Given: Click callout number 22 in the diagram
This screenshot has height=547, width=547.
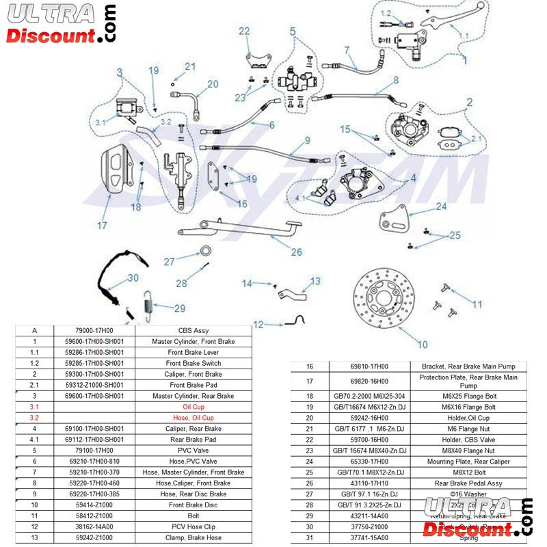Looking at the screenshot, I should pyautogui.click(x=245, y=31).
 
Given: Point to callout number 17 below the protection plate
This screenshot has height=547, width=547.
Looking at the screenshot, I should pyautogui.click(x=102, y=224).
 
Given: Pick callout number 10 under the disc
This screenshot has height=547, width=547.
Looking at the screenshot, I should pyautogui.click(x=423, y=344).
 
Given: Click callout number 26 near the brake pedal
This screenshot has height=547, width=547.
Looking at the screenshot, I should pyautogui.click(x=296, y=252).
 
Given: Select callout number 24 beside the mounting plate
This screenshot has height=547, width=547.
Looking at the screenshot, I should pyautogui.click(x=442, y=206).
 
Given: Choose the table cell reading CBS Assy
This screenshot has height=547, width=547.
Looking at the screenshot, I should pyautogui.click(x=194, y=330).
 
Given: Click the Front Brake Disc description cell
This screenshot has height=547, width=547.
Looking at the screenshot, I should pyautogui.click(x=194, y=505).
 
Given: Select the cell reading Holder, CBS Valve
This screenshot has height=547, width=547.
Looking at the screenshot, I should pyautogui.click(x=468, y=439).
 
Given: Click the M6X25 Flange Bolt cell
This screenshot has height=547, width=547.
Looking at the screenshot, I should pyautogui.click(x=468, y=396).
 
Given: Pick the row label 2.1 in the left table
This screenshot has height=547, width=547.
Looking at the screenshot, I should pyautogui.click(x=34, y=384).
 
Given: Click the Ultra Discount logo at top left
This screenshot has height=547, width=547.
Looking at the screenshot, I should pyautogui.click(x=60, y=24).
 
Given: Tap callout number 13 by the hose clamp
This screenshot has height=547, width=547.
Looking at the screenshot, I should pyautogui.click(x=315, y=280).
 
